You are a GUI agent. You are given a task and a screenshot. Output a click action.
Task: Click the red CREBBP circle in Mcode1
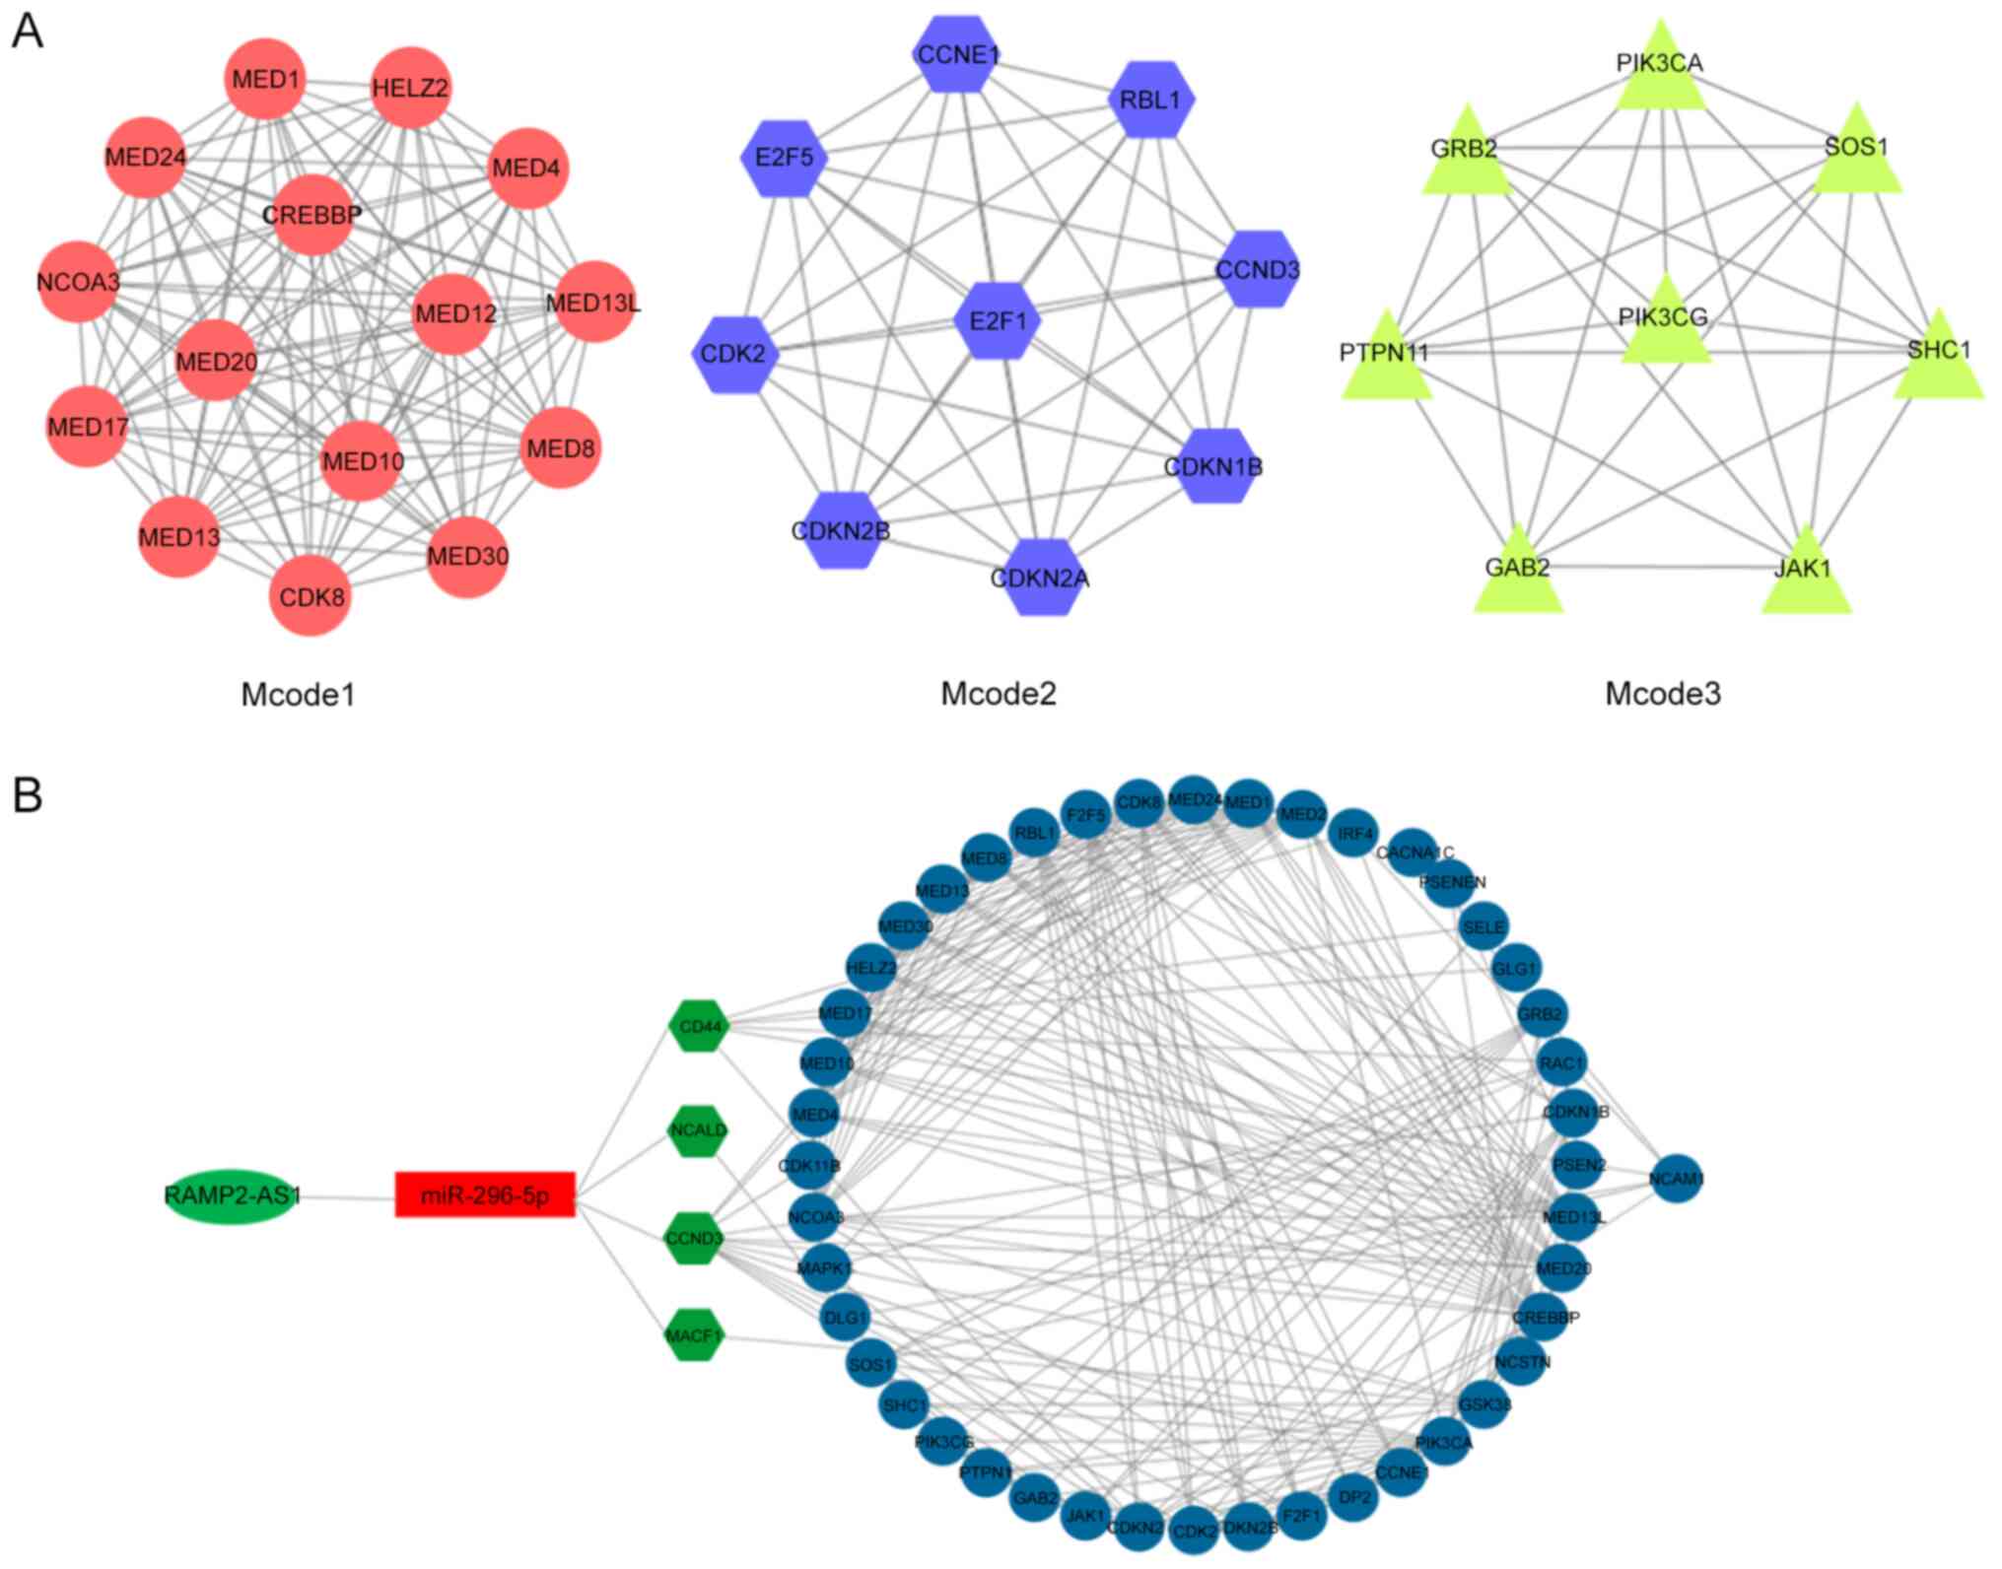tap(312, 215)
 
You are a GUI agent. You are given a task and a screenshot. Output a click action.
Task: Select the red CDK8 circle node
tap(311, 596)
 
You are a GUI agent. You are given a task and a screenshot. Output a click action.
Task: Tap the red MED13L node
tap(593, 303)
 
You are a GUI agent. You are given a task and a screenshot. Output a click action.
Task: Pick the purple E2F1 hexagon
tap(998, 321)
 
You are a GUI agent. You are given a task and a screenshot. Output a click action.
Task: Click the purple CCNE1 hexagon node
tap(957, 55)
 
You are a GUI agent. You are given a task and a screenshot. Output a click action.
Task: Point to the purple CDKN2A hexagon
tap(1040, 578)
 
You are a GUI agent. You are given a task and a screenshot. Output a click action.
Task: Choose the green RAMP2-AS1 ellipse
tap(232, 1195)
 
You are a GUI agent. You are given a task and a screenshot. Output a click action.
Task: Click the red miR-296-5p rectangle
tap(485, 1195)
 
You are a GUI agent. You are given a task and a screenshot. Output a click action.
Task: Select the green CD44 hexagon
tap(699, 1027)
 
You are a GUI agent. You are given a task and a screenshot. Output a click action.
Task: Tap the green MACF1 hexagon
tap(695, 1335)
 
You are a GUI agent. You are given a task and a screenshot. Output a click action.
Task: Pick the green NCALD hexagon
tap(697, 1130)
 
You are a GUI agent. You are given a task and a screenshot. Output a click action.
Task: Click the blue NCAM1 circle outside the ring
tap(1675, 1179)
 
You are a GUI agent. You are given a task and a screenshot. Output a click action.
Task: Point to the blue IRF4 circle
tap(1354, 834)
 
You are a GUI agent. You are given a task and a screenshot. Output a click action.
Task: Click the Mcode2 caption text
tap(998, 694)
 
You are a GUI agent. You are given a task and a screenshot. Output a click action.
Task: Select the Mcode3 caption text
tap(1662, 694)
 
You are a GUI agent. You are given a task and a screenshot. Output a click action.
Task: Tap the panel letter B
tap(28, 794)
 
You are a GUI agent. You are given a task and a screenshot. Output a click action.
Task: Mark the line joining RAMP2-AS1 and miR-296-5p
tap(347, 1197)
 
